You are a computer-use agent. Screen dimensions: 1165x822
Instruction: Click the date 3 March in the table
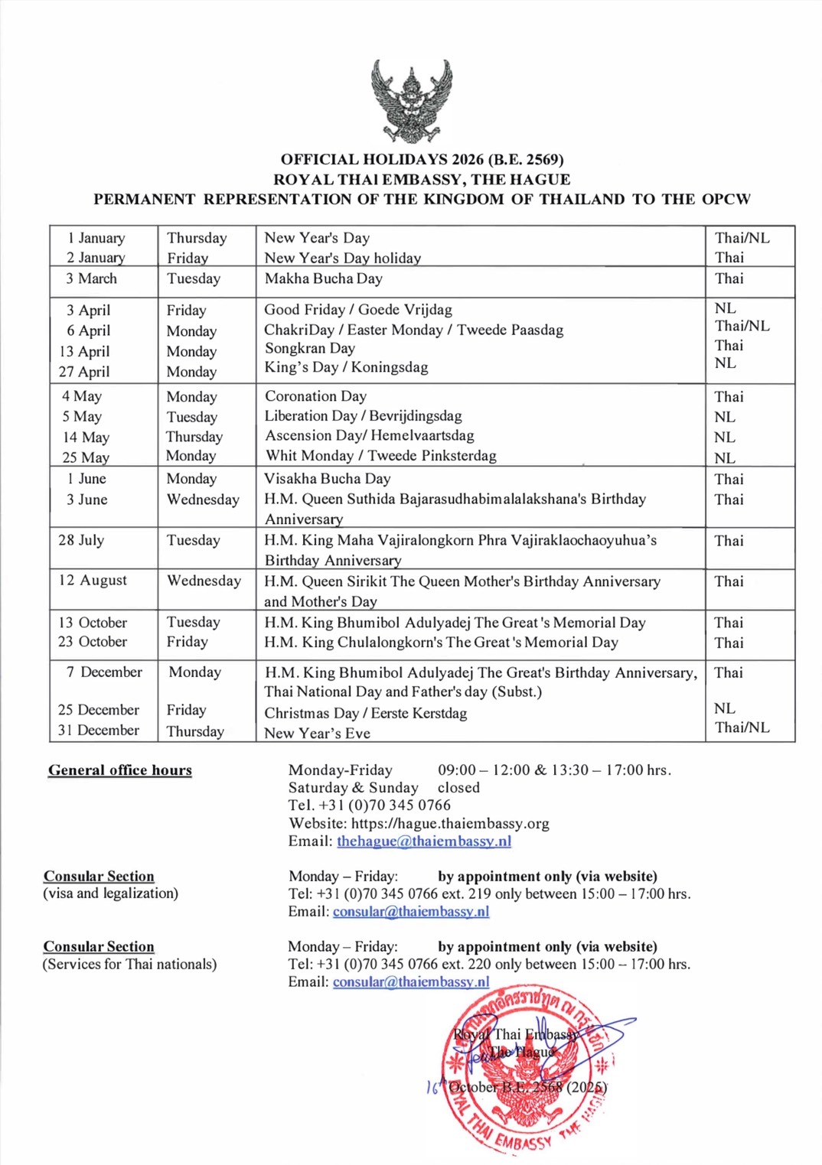91,278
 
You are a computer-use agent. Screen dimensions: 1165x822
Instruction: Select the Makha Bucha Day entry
323,278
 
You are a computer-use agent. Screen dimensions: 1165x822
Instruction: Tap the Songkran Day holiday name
309,348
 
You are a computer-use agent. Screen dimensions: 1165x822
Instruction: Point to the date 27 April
84,372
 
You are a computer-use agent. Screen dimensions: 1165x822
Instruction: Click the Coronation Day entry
315,396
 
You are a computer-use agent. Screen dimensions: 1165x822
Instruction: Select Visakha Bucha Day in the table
327,479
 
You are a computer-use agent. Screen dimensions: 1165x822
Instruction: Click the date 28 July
81,540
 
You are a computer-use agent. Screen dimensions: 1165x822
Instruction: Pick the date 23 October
93,642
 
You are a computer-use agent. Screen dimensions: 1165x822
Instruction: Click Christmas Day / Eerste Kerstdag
365,713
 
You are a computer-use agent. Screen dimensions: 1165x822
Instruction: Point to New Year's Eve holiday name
317,733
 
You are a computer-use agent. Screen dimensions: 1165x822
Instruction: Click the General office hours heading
120,770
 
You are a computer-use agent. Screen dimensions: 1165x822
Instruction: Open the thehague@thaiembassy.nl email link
423,841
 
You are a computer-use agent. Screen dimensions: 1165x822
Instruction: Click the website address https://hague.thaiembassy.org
450,824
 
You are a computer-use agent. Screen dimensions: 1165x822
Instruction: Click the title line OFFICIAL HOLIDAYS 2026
422,160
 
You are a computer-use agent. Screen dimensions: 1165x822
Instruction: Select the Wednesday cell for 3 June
203,500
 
